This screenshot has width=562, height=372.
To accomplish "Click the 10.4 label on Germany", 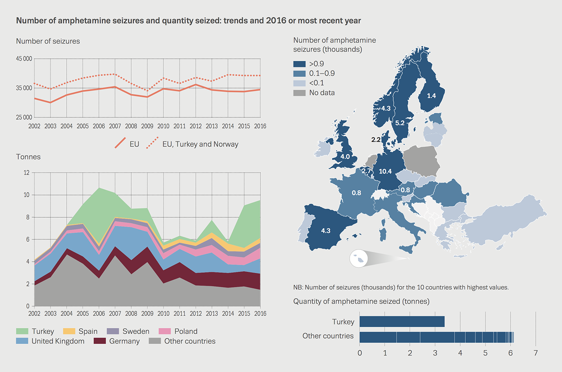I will pyautogui.click(x=385, y=171).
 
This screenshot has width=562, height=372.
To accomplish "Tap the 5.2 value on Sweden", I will pyautogui.click(x=399, y=123).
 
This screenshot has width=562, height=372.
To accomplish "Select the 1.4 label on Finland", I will pyautogui.click(x=431, y=96).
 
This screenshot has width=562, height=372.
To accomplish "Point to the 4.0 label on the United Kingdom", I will pyautogui.click(x=345, y=156).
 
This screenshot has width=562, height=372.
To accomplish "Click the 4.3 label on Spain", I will pyautogui.click(x=325, y=230).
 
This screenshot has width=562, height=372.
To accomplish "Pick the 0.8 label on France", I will pyautogui.click(x=356, y=193).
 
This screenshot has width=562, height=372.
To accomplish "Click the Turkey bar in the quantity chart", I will pyautogui.click(x=402, y=321).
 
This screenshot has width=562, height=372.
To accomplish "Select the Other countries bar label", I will pyautogui.click(x=328, y=336).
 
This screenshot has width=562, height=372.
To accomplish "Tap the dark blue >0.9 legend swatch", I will pyautogui.click(x=299, y=64).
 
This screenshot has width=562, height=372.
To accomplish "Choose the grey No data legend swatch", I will pyautogui.click(x=299, y=93).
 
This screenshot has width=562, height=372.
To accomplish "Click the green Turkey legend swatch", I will pyautogui.click(x=22, y=331).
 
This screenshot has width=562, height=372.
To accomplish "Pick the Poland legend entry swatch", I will pyautogui.click(x=165, y=331).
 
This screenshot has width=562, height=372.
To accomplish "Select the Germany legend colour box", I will pyautogui.click(x=100, y=341).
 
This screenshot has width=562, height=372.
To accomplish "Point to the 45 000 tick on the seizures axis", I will pyautogui.click(x=24, y=59).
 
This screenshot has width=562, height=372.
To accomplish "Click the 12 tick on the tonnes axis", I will pyautogui.click(x=27, y=173).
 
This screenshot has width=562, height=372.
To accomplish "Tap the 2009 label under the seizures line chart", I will pyautogui.click(x=147, y=126).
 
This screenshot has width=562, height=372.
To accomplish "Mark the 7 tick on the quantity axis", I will pyautogui.click(x=535, y=353).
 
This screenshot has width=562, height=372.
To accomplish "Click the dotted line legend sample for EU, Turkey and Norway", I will pyautogui.click(x=152, y=143).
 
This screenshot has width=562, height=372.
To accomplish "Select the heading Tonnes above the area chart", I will pyautogui.click(x=28, y=157).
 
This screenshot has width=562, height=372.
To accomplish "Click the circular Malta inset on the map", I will pyautogui.click(x=358, y=259).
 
